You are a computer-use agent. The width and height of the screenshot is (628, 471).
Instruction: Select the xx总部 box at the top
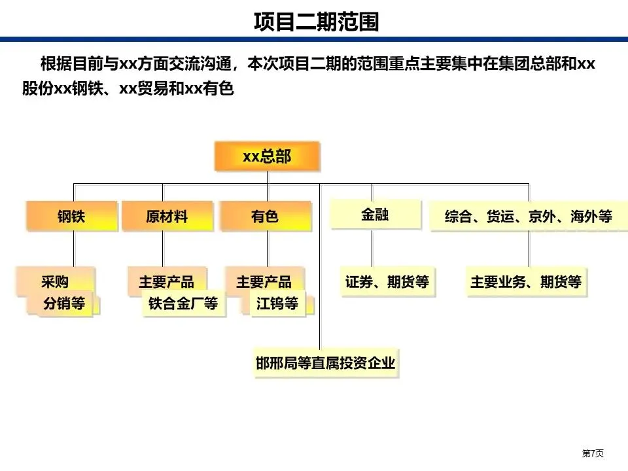coord(267,157)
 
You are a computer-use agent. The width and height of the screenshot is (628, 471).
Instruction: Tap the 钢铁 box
coord(71,217)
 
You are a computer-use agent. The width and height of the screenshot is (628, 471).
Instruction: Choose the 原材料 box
coord(167,217)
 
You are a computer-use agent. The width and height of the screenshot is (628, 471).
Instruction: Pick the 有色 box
coord(265,217)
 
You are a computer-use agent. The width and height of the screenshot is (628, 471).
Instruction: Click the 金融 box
coord(375,215)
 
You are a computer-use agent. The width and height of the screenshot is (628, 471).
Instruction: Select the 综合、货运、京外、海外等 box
coord(528,217)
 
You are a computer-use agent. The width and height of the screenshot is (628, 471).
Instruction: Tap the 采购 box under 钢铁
coord(55,281)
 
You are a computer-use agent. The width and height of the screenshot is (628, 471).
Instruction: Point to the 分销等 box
coord(64,304)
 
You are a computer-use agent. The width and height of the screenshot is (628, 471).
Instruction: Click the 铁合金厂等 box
coord(183,304)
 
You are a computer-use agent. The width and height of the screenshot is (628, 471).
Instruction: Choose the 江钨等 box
coord(277,304)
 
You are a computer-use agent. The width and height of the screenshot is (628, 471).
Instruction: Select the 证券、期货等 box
coord(387,283)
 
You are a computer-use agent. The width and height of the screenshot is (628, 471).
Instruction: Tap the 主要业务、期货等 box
coord(526,283)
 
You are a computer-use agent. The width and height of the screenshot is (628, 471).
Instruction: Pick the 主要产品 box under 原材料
coord(166,281)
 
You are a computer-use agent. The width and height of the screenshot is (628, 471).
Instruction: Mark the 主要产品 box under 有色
coord(264,281)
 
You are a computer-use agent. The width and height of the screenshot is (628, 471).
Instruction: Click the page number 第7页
coord(593,453)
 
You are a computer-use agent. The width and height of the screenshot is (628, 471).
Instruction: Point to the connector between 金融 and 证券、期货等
coord(372,249)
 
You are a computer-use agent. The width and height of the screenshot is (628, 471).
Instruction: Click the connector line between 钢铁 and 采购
coord(73,249)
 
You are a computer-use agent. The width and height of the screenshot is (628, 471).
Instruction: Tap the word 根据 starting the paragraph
coord(53,64)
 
